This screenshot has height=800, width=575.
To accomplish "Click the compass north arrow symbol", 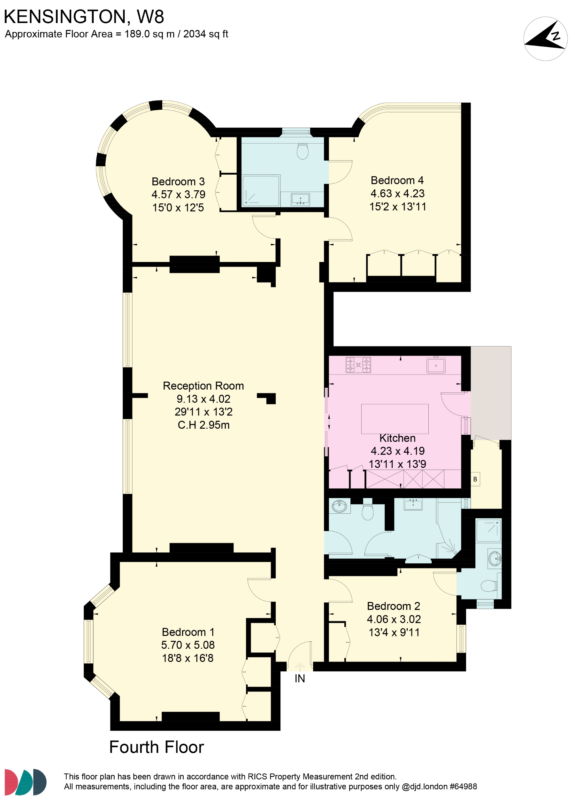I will point(545,38).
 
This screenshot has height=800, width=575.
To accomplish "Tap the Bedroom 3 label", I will point(178,181).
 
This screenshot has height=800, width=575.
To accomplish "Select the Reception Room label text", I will point(203,385).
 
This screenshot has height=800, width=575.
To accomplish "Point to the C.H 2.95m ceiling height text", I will point(203,425).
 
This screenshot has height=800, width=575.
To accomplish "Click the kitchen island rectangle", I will point(395,419).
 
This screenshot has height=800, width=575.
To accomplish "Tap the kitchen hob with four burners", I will point(358,365).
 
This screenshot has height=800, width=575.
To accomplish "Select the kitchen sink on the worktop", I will point(436,365).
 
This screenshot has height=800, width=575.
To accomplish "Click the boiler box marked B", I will point(475,479).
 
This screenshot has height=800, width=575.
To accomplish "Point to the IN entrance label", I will point(300,678).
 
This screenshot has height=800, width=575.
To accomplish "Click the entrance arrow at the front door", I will point(300,666).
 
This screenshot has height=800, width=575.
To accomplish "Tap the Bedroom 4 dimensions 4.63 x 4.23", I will point(397,193).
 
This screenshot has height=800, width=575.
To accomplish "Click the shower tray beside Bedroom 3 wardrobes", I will point(261,190).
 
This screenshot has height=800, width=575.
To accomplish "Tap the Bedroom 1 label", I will point(188,632).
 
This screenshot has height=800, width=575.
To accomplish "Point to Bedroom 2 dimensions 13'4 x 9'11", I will point(394,632).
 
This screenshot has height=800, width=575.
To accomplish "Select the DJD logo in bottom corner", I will point(25,782).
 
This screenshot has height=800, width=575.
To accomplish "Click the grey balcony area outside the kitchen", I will point(491,392).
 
